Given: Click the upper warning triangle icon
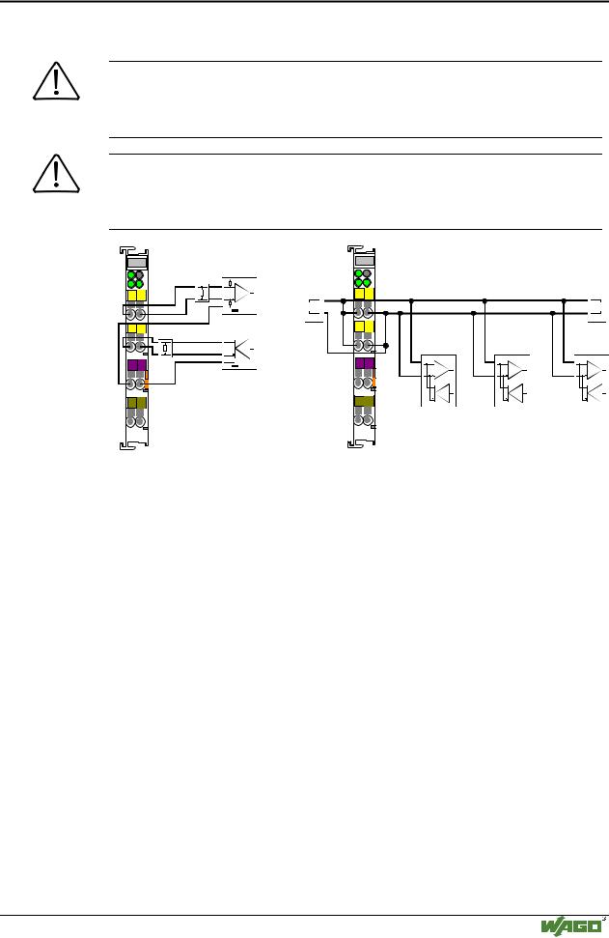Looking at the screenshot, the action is point(56,81).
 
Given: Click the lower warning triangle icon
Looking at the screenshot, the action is point(56,174).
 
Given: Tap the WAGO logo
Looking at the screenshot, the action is point(571,926).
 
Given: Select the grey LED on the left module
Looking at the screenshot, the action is point(140,274).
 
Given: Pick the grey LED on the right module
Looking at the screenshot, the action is point(367,273).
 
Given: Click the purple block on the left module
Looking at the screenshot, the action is point(137,365).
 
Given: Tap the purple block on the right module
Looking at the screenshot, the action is point(365,363).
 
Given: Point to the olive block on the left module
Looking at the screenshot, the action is point(137,403).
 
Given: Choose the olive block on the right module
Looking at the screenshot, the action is point(365,401).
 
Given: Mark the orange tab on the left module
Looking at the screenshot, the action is point(145,381).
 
